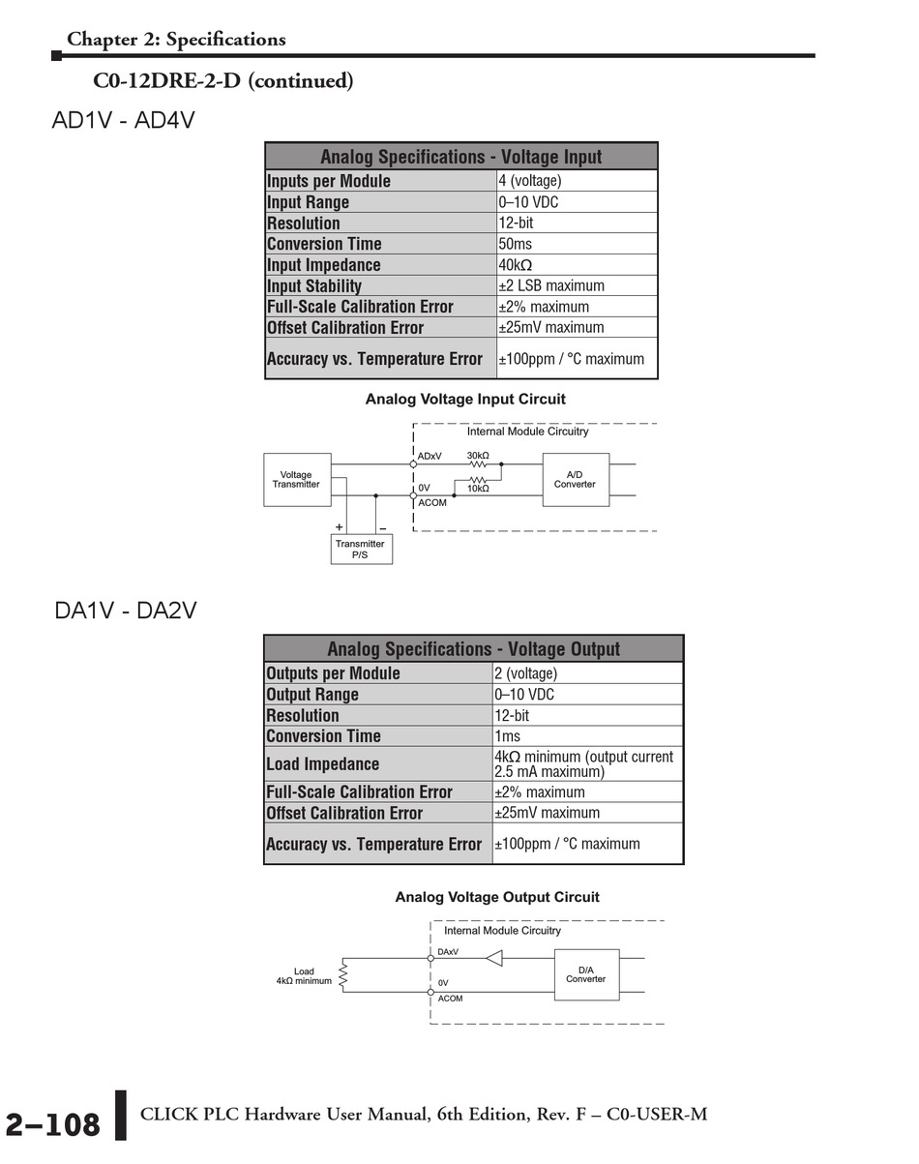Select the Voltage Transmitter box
pyautogui.click(x=296, y=480)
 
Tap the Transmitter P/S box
pyautogui.click(x=360, y=550)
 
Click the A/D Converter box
pyautogui.click(x=575, y=480)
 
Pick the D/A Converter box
pyautogui.click(x=585, y=974)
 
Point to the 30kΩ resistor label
pyautogui.click(x=478, y=455)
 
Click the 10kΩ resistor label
pyautogui.click(x=478, y=490)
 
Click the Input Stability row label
pyautogui.click(x=314, y=286)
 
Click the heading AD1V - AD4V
pyautogui.click(x=123, y=122)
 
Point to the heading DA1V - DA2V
pyautogui.click(x=125, y=612)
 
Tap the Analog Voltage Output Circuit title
pyautogui.click(x=497, y=897)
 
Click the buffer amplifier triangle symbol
pyautogui.click(x=494, y=959)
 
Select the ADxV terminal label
pyautogui.click(x=430, y=456)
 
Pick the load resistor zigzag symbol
pyautogui.click(x=343, y=974)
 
